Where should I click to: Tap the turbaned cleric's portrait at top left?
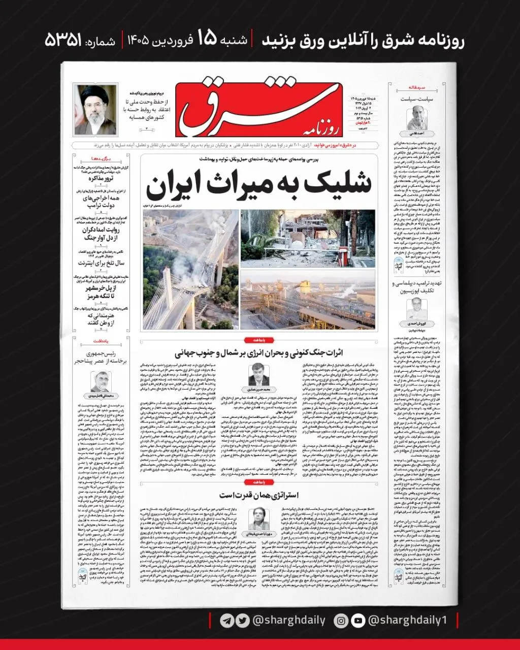pos(95,110)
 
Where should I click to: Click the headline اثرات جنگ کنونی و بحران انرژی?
pos(259,352)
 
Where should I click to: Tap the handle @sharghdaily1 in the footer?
pos(409,621)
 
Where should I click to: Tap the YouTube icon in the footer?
pos(358,621)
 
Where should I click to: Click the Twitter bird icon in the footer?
pos(243,621)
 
